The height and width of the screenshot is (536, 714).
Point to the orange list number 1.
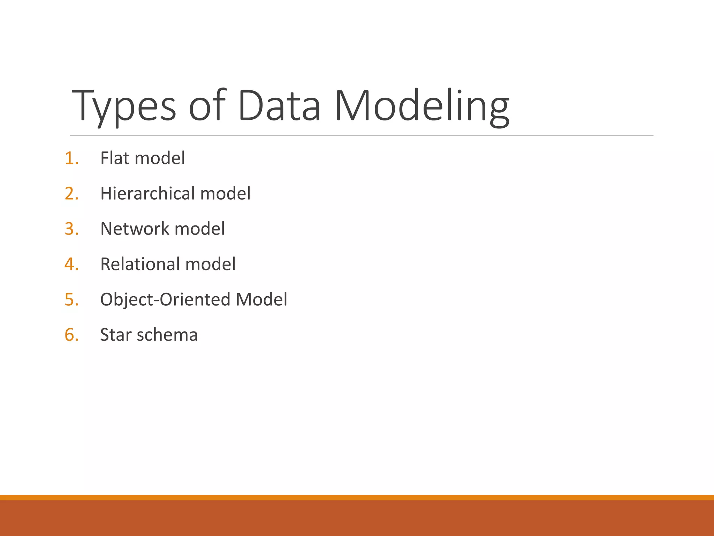[71, 158]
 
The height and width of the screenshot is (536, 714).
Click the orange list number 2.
[71, 193]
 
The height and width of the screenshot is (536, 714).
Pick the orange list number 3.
[71, 229]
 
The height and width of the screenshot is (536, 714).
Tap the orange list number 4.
[71, 264]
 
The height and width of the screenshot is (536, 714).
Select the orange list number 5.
[71, 299]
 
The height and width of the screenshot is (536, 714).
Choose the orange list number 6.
[71, 335]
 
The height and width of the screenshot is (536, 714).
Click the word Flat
[115, 158]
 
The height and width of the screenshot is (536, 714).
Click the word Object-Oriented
[165, 299]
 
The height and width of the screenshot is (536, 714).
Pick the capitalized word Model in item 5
[261, 299]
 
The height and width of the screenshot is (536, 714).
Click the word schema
[167, 335]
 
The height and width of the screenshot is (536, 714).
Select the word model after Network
[199, 229]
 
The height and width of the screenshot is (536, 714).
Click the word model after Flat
[160, 158]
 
